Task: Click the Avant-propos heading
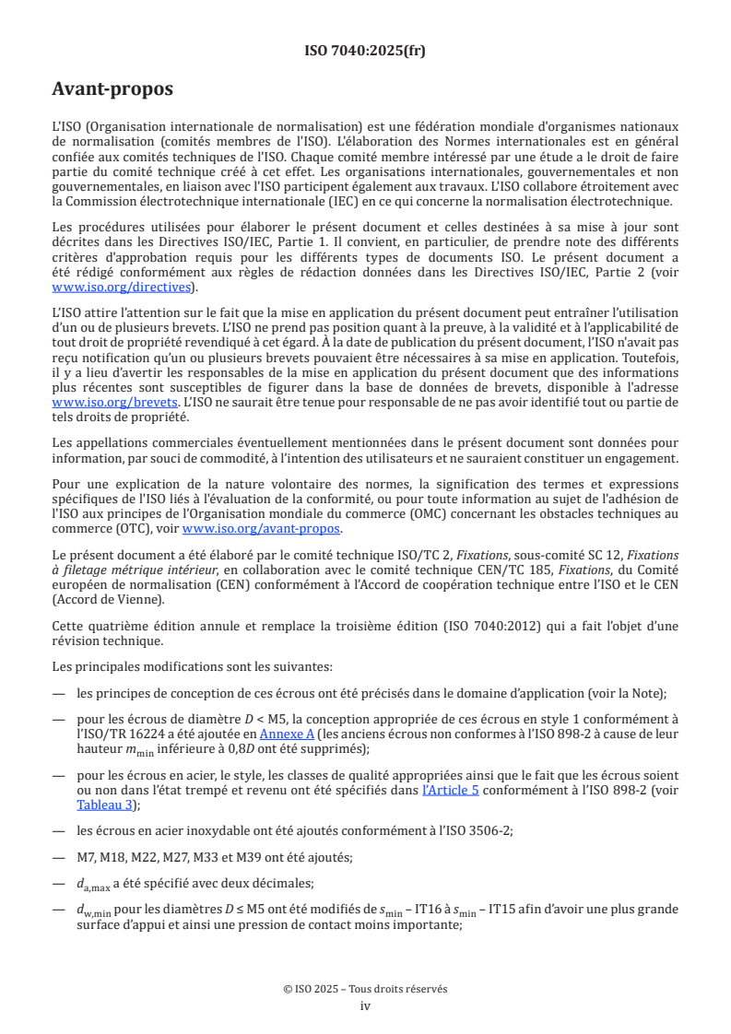coord(112,89)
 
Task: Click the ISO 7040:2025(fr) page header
coord(365,52)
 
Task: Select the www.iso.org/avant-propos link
coord(262,529)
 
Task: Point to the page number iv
coord(365,1006)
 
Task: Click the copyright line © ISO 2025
coord(365,989)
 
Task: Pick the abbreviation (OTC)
coord(133,529)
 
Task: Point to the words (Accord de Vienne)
coord(106,599)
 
